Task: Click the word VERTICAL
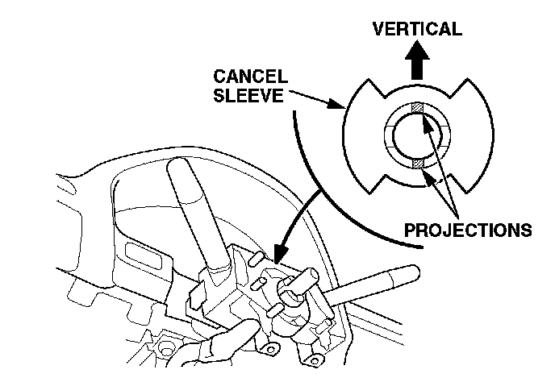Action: pyautogui.click(x=416, y=29)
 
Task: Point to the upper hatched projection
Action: pyautogui.click(x=417, y=109)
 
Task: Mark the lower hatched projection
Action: pyautogui.click(x=418, y=164)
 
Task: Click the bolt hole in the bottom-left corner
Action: pyautogui.click(x=169, y=351)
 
